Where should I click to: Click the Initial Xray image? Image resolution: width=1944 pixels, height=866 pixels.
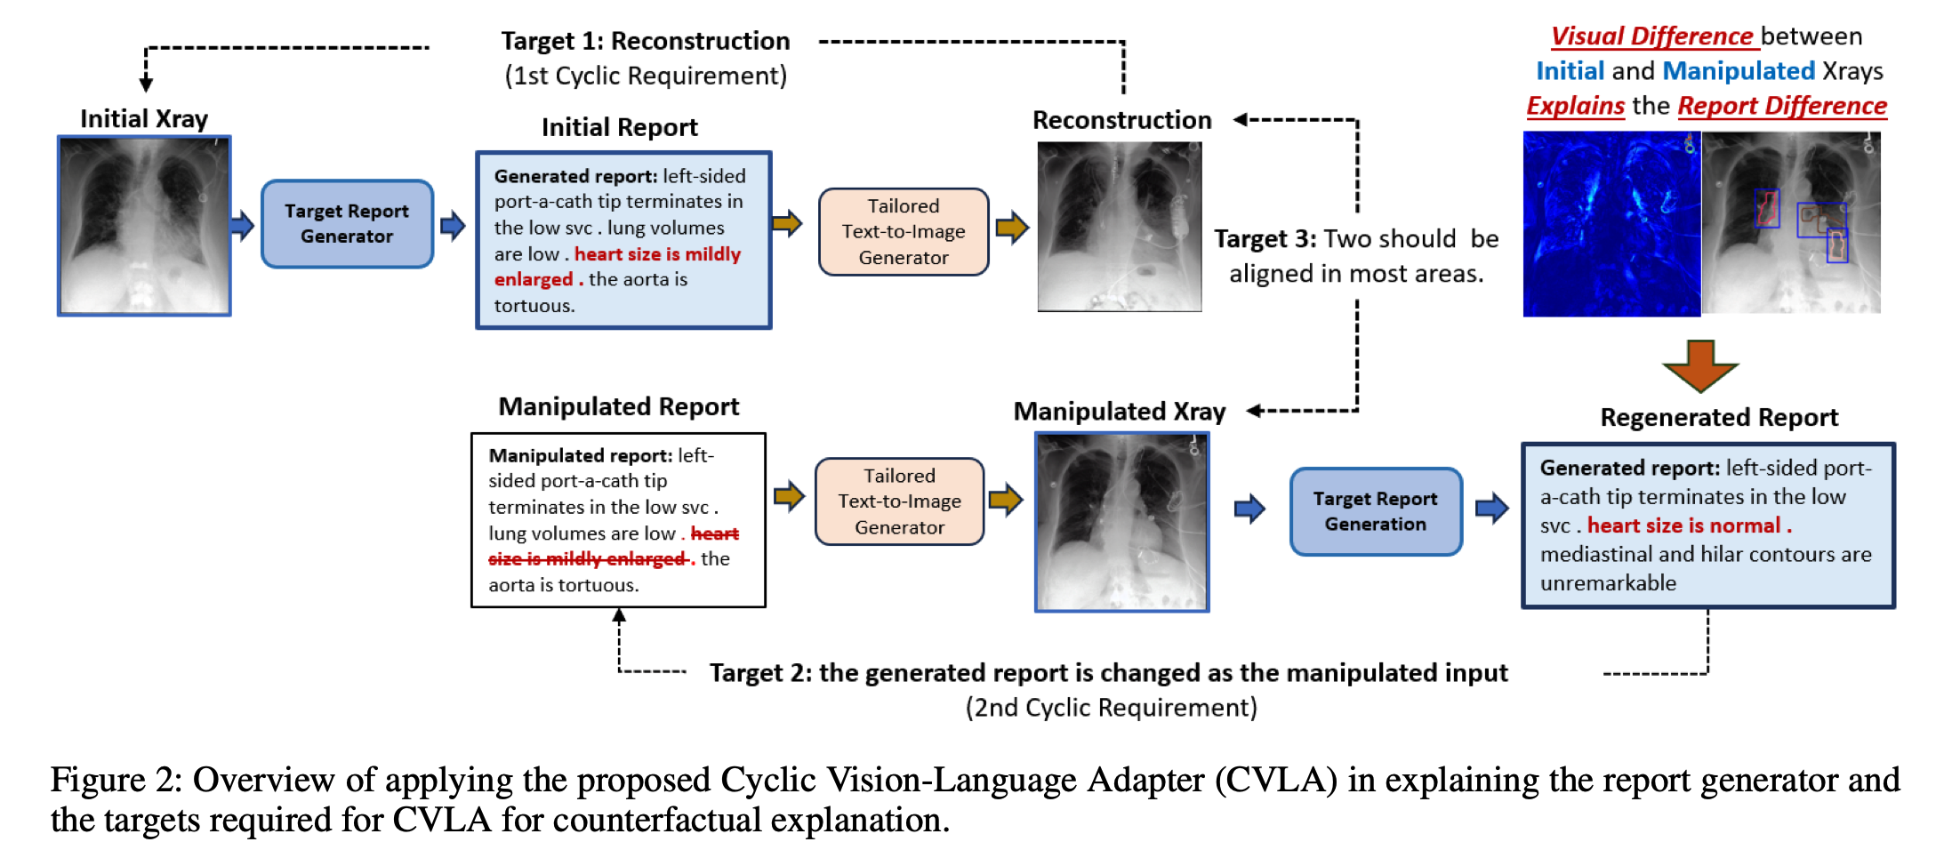pos(144,225)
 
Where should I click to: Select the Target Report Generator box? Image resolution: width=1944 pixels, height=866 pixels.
pos(347,224)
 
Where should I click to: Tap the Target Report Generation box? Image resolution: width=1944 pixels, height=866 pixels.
pos(1375,511)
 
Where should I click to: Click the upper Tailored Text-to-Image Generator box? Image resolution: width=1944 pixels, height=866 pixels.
pos(903,231)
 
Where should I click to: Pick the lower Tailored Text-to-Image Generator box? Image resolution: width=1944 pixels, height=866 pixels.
pos(899,501)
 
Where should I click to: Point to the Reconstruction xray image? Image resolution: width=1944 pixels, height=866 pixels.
pos(1119,227)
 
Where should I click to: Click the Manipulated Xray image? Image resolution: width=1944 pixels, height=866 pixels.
pos(1121,522)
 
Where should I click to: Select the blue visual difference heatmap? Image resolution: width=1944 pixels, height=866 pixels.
pos(1611,224)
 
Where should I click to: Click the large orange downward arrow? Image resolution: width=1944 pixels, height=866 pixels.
pos(1699,365)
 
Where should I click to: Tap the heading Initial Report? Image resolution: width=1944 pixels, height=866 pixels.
pos(619,127)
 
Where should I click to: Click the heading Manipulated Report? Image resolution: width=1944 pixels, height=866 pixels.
pos(618,406)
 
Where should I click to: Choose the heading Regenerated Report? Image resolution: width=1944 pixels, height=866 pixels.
pos(1718,417)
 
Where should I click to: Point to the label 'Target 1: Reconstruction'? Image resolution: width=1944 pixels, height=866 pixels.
pos(645,41)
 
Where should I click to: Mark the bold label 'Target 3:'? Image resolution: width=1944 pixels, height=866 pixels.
pos(1265,239)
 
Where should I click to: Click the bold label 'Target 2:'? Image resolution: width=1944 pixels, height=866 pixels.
pos(760,673)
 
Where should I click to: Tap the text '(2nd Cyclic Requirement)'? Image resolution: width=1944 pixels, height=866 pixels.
pos(1111,708)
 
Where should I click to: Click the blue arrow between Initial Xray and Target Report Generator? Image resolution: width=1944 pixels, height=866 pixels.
pos(242,224)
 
